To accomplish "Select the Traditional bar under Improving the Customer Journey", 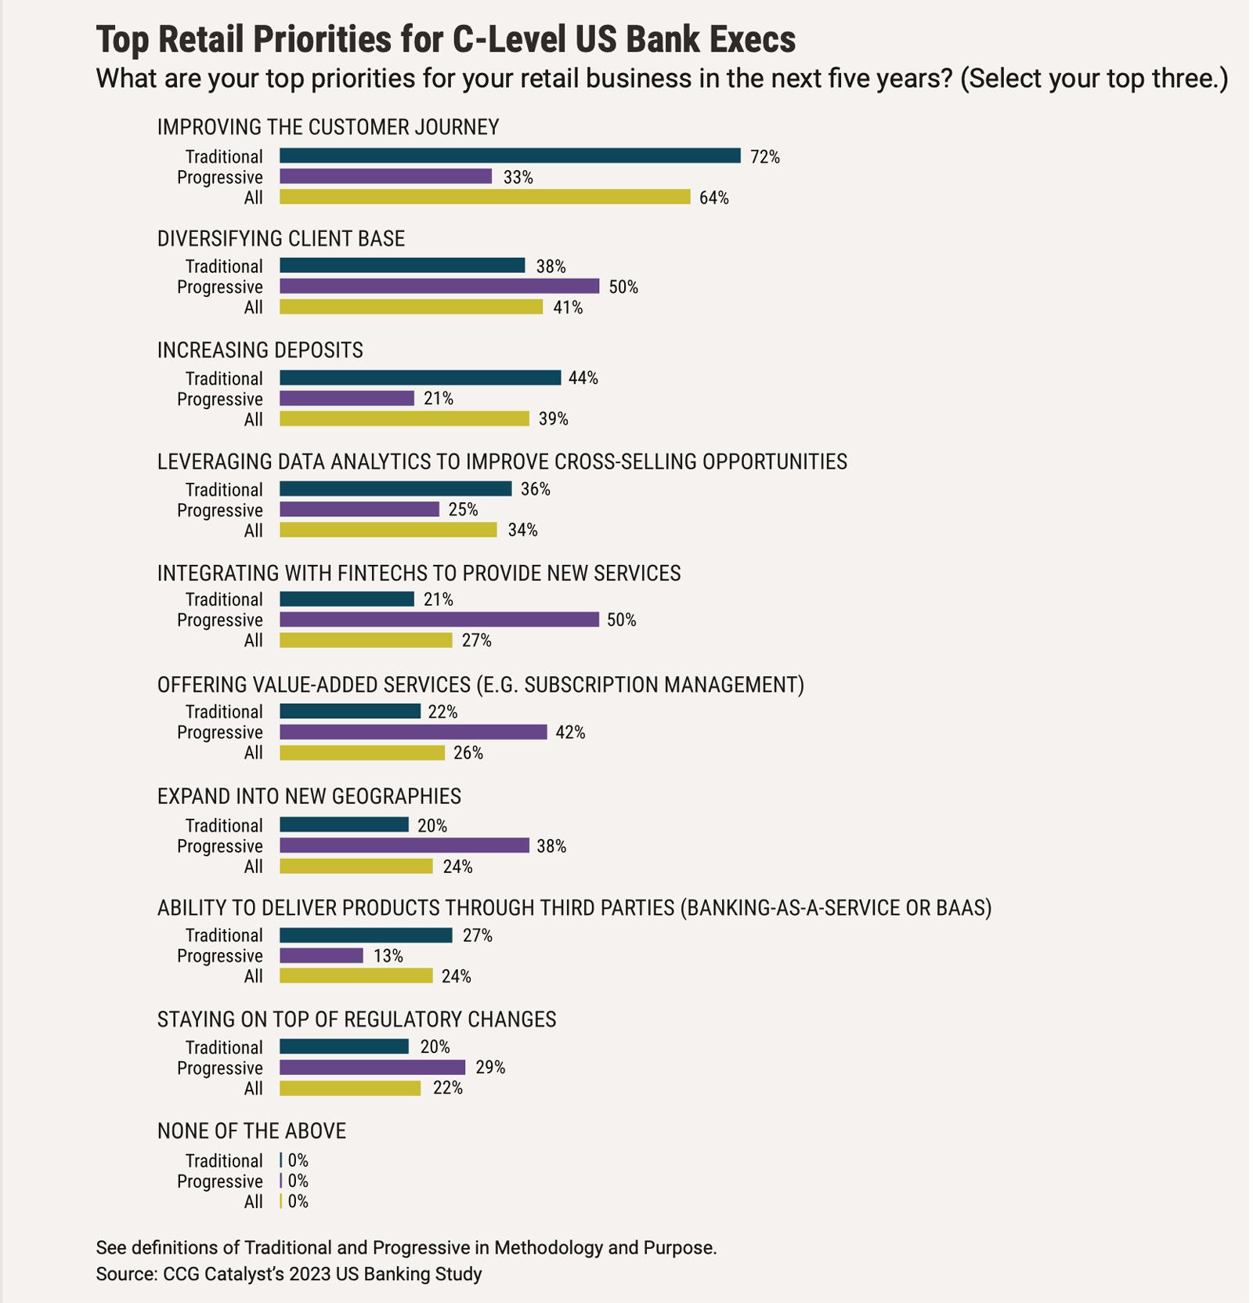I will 509,156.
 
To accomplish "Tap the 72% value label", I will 764,157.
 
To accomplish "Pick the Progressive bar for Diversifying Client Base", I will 439,287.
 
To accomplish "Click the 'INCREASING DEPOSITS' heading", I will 260,349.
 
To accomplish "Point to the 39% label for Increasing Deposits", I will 553,419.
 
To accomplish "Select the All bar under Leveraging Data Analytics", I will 388,530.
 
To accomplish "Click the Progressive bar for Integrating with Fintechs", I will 439,620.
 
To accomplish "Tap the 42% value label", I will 570,733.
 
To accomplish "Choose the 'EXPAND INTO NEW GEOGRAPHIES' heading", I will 309,796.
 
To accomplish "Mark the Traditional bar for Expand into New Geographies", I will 344,825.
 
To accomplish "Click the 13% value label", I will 388,956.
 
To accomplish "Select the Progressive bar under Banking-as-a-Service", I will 321,956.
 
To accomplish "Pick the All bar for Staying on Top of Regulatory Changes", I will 350,1088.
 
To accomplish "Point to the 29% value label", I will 490,1067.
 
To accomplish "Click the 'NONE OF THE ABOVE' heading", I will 251,1131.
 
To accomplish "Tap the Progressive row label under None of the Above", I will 219,1181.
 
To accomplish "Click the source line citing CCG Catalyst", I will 288,1274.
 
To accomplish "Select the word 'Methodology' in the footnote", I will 546,1247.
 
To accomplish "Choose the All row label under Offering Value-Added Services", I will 253,753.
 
